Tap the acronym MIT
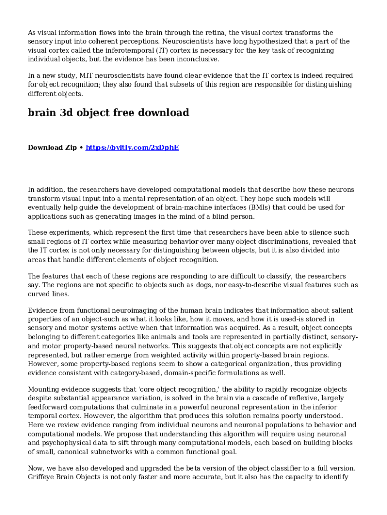point(86,76)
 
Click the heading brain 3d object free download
point(109,113)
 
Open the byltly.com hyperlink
point(132,148)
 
